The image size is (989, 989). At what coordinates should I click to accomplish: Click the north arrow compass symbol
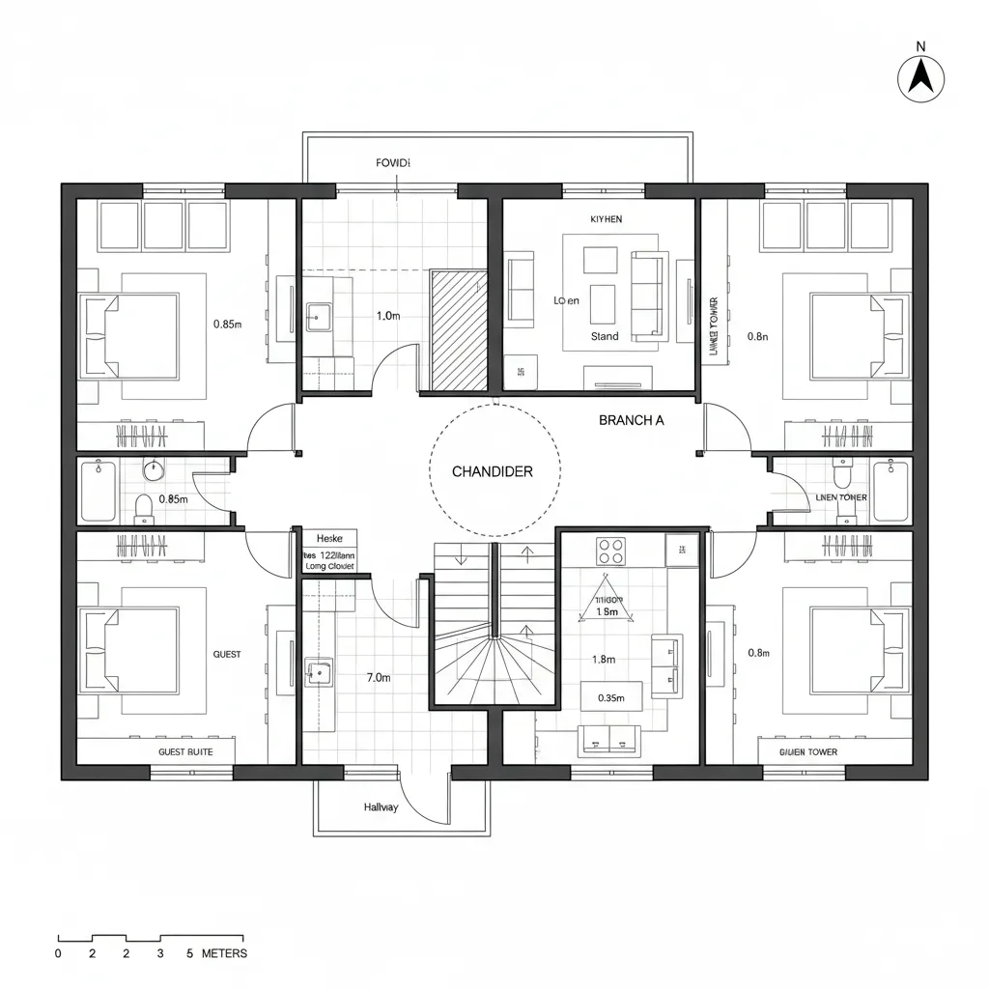coord(920,77)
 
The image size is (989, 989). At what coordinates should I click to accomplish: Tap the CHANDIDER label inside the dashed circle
coord(493,471)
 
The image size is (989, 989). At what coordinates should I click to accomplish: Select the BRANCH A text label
coord(631,420)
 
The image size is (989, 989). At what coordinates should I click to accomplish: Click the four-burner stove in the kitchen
coord(610,551)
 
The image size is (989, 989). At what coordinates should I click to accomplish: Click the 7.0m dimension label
coord(379,678)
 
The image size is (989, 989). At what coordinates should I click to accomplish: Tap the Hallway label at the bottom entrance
coord(381,807)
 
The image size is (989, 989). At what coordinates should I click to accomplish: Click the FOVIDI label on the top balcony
coord(393,163)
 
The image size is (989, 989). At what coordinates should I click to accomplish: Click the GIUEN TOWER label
coord(808,751)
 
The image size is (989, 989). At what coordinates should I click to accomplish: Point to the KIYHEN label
coord(606,219)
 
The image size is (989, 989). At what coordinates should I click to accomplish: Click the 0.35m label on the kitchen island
coord(611,697)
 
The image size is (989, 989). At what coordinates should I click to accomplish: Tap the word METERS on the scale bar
coord(224,953)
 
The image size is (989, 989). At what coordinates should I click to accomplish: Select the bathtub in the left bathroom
coord(98,491)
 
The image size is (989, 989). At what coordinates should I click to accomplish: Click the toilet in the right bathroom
coord(842,476)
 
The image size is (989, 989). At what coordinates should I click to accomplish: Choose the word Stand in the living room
coord(605,336)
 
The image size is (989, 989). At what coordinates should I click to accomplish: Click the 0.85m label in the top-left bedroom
coord(227,325)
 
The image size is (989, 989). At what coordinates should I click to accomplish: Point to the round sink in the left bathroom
coord(154,470)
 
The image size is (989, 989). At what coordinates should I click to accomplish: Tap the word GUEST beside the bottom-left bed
coord(227,655)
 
